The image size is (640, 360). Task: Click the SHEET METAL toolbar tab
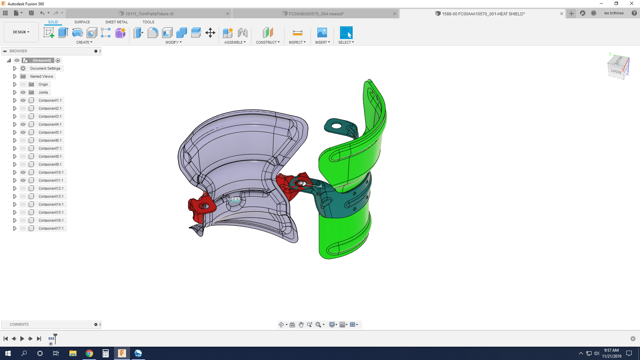tap(116, 22)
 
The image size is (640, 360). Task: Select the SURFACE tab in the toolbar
tap(82, 22)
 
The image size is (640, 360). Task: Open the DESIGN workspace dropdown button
tap(21, 32)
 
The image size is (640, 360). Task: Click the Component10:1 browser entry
tap(51, 172)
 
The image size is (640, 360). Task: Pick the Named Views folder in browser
tap(41, 76)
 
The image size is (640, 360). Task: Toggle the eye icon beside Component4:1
tap(23, 124)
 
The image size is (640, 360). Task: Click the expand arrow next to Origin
tap(15, 84)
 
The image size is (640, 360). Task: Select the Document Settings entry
tap(45, 68)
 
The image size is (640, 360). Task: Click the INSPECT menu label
tap(297, 42)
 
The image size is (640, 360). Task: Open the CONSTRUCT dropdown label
tap(268, 42)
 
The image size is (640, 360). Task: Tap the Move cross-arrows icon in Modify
tap(210, 33)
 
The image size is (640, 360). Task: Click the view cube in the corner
tap(618, 67)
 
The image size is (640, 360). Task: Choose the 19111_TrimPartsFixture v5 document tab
tap(149, 14)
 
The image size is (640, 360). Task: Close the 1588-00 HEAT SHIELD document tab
tap(562, 14)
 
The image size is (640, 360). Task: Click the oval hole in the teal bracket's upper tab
tap(337, 126)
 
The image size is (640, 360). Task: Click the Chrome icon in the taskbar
tap(89, 353)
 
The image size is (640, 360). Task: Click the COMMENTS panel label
tap(19, 324)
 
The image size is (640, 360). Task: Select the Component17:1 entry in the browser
tap(51, 228)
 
